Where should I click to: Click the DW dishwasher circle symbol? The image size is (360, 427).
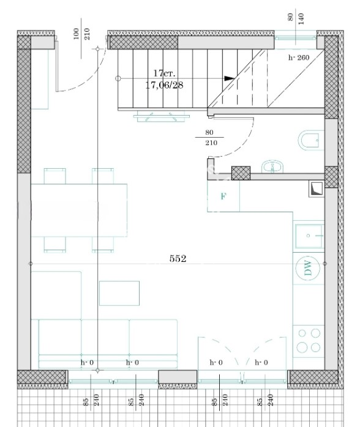click(x=308, y=268)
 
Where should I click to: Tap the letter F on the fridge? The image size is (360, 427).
click(x=223, y=196)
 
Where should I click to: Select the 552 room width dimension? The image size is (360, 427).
click(x=178, y=258)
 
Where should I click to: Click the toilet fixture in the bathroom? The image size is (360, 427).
click(x=311, y=141)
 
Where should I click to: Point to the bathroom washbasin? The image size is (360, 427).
click(x=273, y=166)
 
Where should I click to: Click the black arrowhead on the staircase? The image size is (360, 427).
click(x=229, y=78)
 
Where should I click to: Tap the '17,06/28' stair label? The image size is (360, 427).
click(x=164, y=85)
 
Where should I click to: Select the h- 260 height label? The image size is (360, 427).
click(x=299, y=58)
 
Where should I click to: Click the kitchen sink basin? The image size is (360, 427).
click(x=309, y=236)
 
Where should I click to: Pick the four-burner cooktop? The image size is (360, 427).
click(x=309, y=340)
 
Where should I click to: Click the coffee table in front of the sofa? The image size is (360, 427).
click(x=119, y=293)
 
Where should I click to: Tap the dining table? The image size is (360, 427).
click(x=79, y=210)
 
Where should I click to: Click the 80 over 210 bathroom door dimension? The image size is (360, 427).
click(x=209, y=138)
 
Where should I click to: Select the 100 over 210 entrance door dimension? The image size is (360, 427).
click(x=81, y=34)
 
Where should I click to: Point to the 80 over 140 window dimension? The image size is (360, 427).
click(x=296, y=18)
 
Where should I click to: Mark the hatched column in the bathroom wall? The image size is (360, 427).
click(x=241, y=173)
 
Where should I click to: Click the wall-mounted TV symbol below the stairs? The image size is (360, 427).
click(x=162, y=116)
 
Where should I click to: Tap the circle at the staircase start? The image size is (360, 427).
click(x=118, y=78)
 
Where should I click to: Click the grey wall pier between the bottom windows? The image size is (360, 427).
click(x=178, y=377)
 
